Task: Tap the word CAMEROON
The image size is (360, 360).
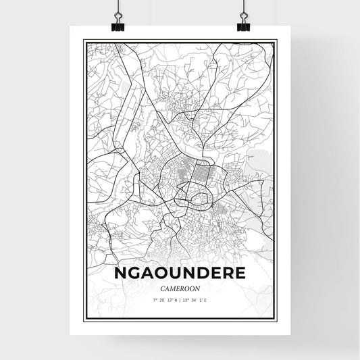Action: point(180,289)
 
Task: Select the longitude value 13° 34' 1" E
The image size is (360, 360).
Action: point(199,300)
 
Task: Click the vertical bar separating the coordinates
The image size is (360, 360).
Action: point(180,300)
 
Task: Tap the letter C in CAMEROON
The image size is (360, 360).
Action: point(161,289)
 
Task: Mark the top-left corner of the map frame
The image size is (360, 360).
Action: point(83,41)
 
